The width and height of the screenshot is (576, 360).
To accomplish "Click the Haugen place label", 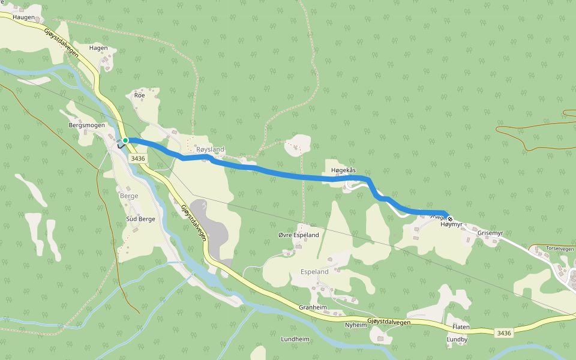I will [24, 17].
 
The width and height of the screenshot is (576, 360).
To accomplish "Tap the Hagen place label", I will [98, 48].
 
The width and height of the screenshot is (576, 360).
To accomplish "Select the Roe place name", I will [140, 95].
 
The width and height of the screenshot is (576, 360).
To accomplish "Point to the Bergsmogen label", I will [87, 125].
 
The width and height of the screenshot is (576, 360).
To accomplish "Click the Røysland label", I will [210, 149].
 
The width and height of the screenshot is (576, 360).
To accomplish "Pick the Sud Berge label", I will [140, 219].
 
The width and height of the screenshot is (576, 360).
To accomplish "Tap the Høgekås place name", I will [343, 170].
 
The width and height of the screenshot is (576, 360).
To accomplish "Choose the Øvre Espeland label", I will [299, 235].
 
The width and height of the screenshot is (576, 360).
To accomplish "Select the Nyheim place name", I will [355, 325].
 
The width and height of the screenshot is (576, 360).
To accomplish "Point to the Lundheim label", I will [295, 339].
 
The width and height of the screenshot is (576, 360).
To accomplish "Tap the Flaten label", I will [461, 327].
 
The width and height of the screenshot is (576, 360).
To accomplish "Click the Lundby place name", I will [457, 339].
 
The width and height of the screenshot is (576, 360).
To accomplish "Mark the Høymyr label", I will [452, 224].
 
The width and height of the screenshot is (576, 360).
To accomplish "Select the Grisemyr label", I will [490, 233].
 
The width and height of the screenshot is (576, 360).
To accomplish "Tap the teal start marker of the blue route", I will [126, 140].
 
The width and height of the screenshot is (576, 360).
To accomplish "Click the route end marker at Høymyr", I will [450, 218].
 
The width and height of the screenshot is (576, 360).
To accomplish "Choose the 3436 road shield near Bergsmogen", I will [137, 158].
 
